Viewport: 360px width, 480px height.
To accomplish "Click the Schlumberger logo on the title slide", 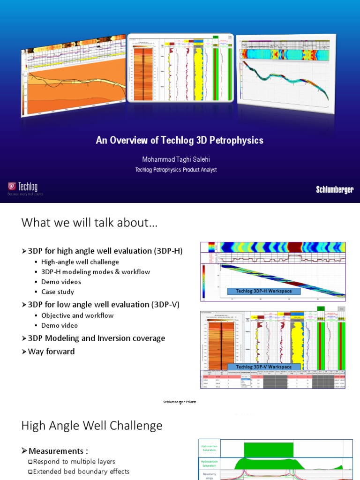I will pyautogui.click(x=334, y=190).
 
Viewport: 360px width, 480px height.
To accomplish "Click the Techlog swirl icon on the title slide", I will pyautogui.click(x=12, y=186).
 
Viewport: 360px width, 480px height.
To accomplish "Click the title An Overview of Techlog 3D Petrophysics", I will pyautogui.click(x=180, y=140).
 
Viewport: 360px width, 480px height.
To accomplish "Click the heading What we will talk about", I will pyautogui.click(x=90, y=223).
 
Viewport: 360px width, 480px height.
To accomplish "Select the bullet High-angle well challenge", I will pyautogui.click(x=80, y=262).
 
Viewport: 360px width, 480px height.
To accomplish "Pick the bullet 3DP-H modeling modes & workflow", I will pyautogui.click(x=95, y=272).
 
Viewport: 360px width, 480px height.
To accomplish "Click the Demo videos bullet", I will pyautogui.click(x=61, y=282).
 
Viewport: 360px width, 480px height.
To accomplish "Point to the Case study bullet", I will pyautogui.click(x=57, y=292).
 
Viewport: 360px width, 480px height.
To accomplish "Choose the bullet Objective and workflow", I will pyautogui.click(x=77, y=315).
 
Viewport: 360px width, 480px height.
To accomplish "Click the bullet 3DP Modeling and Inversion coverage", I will pyautogui.click(x=96, y=338).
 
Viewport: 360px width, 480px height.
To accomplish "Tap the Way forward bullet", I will pyautogui.click(x=51, y=351).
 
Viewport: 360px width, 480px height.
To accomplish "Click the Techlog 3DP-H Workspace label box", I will pyautogui.click(x=263, y=291).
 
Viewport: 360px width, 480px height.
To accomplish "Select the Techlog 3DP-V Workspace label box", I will pyautogui.click(x=263, y=367).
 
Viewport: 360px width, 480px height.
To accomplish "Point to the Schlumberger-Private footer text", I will pyautogui.click(x=180, y=402).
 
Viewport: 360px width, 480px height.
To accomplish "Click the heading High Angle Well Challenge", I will pyautogui.click(x=92, y=426).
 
